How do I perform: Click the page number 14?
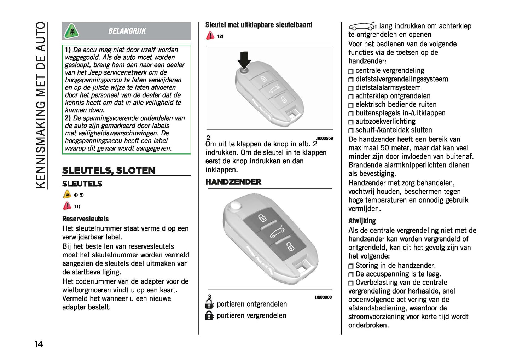pos(39,343)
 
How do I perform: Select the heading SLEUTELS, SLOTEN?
pos(109,170)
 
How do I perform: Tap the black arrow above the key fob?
pos(244,60)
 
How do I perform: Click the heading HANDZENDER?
pos(233,182)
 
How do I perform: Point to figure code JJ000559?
pos(324,138)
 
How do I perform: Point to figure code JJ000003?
pos(323,297)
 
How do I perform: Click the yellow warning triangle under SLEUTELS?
pos(67,194)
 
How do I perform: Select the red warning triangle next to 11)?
pos(67,206)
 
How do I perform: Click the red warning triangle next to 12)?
pos(210,36)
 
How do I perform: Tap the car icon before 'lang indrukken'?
pos(361,26)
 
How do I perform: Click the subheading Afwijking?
pos(362,221)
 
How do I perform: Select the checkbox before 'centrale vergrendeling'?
pos(351,71)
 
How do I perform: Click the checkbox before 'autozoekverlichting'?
pos(351,122)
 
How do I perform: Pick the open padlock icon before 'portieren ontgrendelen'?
pos(209,304)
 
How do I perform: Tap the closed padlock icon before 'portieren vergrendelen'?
pos(209,315)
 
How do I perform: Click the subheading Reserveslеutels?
pos(85,219)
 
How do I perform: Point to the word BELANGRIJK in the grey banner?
pos(127,31)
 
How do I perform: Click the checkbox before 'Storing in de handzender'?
pos(351,266)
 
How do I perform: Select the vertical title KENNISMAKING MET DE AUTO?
pos(41,105)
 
